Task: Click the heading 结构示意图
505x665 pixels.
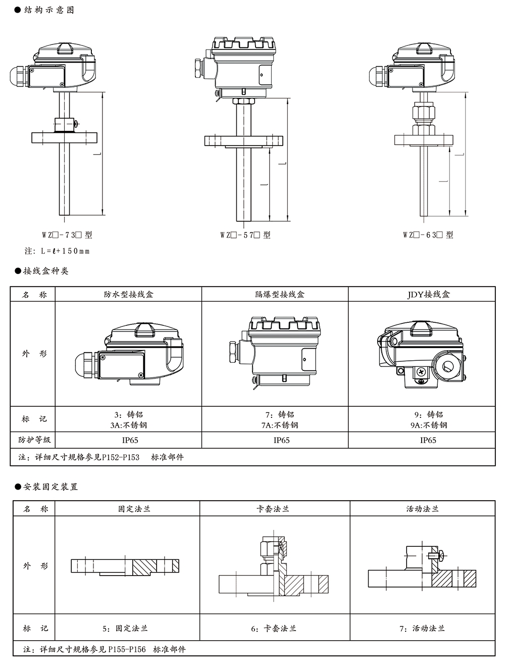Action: pyautogui.click(x=48, y=10)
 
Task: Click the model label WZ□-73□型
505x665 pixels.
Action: pyautogui.click(x=67, y=235)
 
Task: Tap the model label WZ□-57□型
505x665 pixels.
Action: pyautogui.click(x=245, y=235)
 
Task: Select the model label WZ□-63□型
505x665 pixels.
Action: pyautogui.click(x=428, y=235)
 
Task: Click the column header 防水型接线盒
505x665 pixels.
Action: pyautogui.click(x=128, y=294)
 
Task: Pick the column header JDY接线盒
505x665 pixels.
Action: pyautogui.click(x=428, y=294)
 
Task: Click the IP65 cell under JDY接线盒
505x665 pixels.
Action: pyautogui.click(x=428, y=440)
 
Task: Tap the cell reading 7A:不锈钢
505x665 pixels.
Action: pyautogui.click(x=280, y=425)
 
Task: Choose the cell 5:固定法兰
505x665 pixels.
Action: pyautogui.click(x=125, y=629)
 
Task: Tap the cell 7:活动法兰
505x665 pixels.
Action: pyautogui.click(x=422, y=629)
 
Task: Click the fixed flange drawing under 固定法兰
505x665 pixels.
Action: pyautogui.click(x=125, y=566)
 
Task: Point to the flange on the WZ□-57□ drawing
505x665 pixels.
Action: pyautogui.click(x=243, y=141)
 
